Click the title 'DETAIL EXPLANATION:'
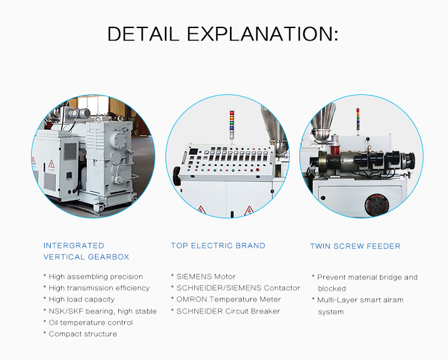pos(223,33)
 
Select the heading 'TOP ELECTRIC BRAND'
pos(218,245)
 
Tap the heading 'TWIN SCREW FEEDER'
pos(355,246)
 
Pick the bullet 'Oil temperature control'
pos(90,322)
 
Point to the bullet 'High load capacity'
pos(81,299)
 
